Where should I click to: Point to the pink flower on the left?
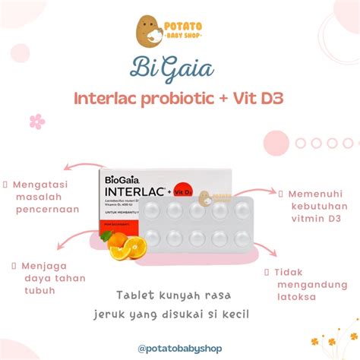point(36,121)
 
